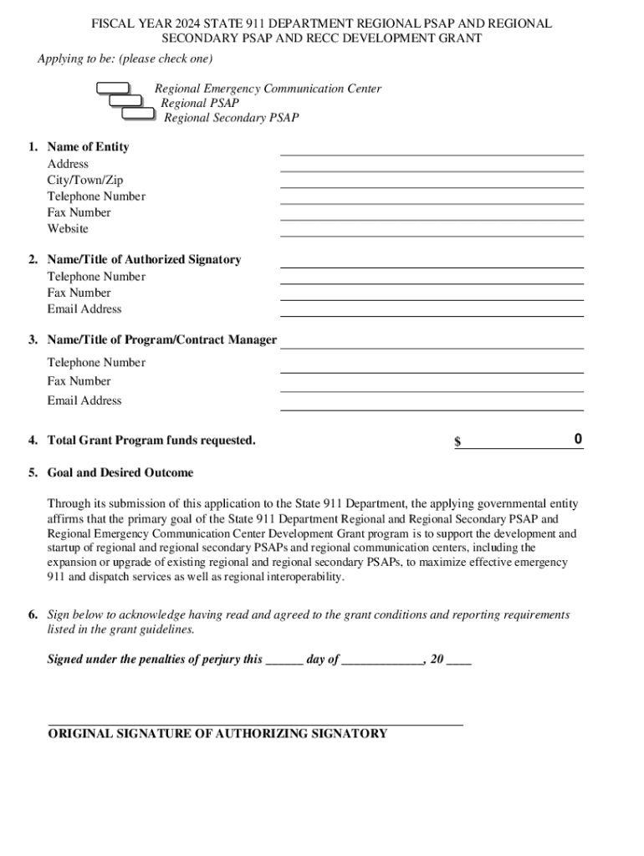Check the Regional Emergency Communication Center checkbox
[x=113, y=88]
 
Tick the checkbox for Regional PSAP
[x=126, y=100]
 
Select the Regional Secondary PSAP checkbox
[x=138, y=113]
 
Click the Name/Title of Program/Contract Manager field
[x=432, y=342]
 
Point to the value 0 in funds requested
[x=578, y=440]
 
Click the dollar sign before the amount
[x=457, y=441]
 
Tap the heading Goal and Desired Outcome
[x=120, y=473]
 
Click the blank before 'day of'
[x=284, y=660]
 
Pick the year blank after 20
[x=459, y=660]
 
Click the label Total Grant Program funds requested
[x=151, y=441]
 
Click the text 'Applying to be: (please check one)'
[x=125, y=59]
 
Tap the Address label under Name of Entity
[x=68, y=164]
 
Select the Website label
[x=68, y=229]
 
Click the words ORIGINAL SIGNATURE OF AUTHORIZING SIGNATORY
[x=217, y=734]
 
